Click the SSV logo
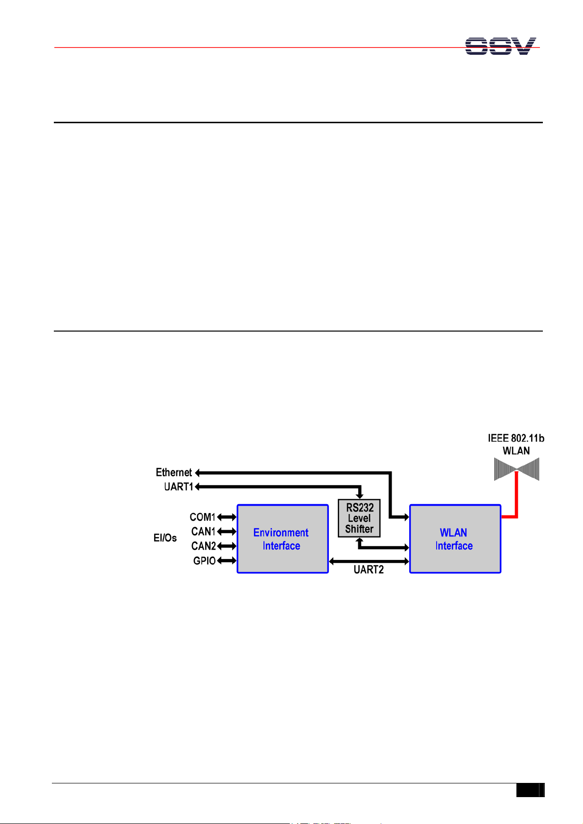[x=500, y=46]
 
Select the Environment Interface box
[x=282, y=538]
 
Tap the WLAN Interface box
[x=455, y=538]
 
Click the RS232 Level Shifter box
[x=359, y=518]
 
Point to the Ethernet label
[x=174, y=472]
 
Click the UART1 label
[x=179, y=487]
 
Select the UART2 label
[x=369, y=570]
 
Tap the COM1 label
[x=203, y=517]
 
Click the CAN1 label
[x=203, y=531]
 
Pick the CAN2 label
[x=203, y=546]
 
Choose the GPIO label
[x=204, y=560]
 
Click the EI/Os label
[x=165, y=538]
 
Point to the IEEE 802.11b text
[x=516, y=438]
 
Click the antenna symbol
[x=516, y=469]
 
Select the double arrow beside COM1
[x=227, y=517]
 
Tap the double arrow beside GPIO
[x=227, y=560]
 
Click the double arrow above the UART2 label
[x=369, y=561]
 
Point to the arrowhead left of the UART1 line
[x=197, y=487]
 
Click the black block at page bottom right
[x=530, y=791]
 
